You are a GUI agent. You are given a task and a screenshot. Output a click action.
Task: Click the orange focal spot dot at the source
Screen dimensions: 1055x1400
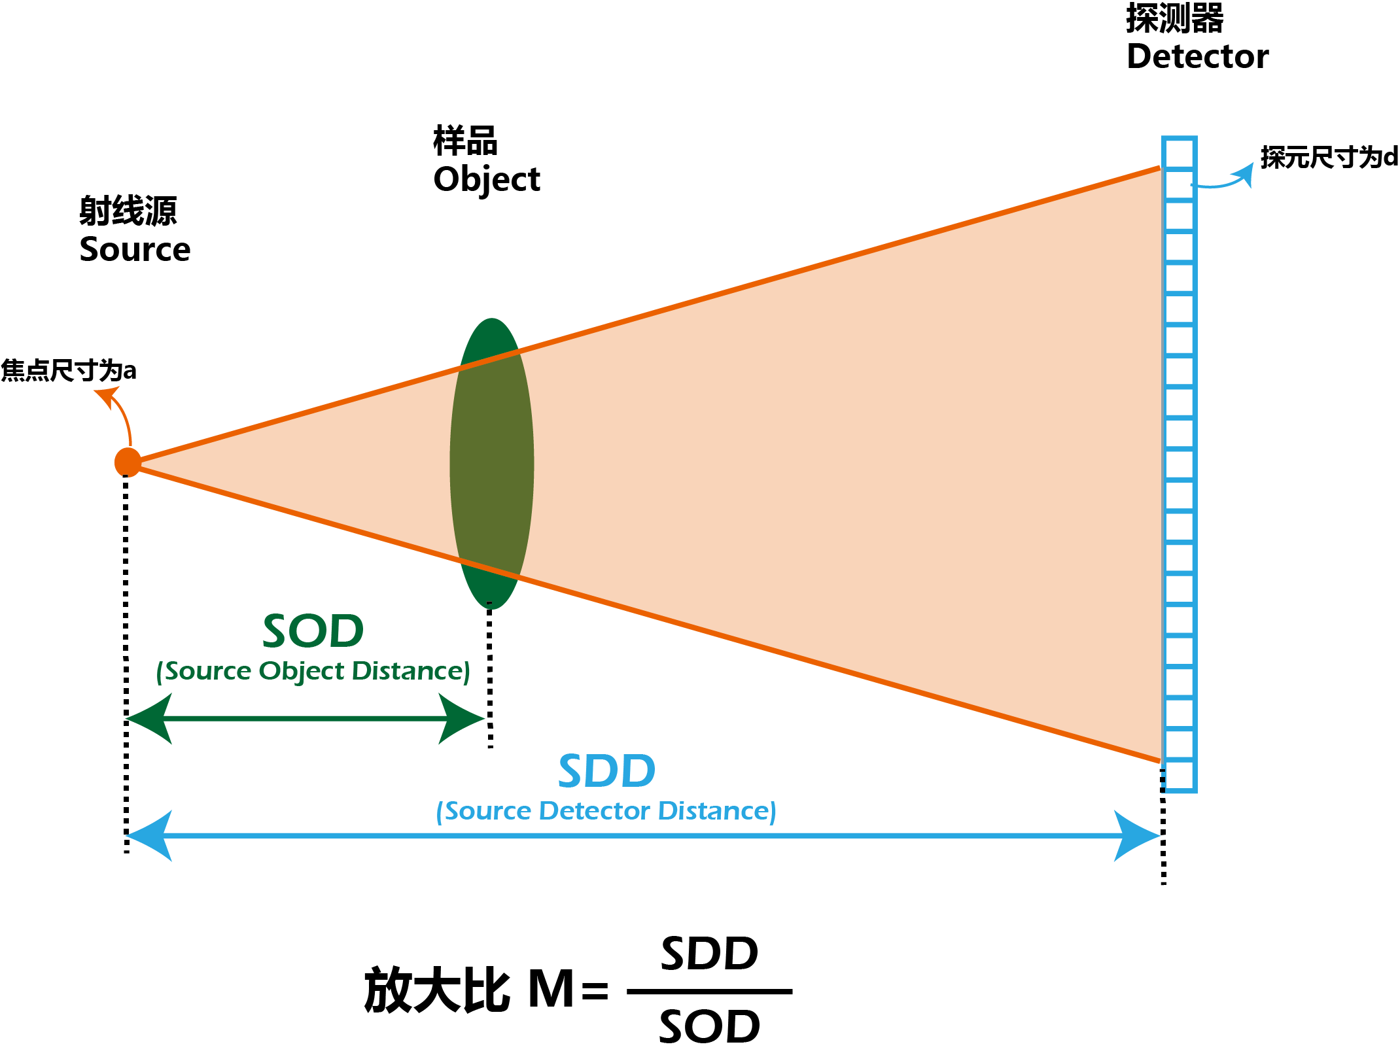pyautogui.click(x=127, y=462)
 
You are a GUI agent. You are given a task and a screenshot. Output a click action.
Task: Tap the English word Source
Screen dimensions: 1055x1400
pyautogui.click(x=135, y=250)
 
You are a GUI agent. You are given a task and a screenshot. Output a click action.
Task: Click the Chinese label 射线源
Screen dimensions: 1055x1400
pyautogui.click(x=128, y=211)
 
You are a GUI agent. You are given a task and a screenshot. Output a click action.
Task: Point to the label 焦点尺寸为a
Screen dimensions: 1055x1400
pyautogui.click(x=68, y=371)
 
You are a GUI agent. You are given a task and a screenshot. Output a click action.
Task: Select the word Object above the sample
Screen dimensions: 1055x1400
pyautogui.click(x=487, y=180)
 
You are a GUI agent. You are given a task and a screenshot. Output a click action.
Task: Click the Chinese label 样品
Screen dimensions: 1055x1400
pyautogui.click(x=465, y=141)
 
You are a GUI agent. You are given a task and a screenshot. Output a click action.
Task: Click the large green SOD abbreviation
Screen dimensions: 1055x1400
pyautogui.click(x=313, y=631)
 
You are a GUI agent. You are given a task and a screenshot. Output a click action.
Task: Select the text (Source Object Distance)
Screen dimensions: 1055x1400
pyautogui.click(x=313, y=672)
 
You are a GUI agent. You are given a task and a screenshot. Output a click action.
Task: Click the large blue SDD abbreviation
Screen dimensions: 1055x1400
pyautogui.click(x=606, y=771)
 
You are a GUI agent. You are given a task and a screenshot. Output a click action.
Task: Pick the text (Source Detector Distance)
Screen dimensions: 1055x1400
pyautogui.click(x=606, y=811)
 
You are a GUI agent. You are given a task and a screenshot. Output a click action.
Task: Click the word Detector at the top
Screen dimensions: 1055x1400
pyautogui.click(x=1197, y=57)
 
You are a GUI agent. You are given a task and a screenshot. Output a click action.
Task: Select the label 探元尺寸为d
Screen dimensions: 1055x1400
pyautogui.click(x=1329, y=158)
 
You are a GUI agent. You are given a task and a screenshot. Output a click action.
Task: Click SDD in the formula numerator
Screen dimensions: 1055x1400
pyautogui.click(x=710, y=954)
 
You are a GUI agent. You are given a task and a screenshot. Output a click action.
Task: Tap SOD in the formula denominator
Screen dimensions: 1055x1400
pyautogui.click(x=710, y=1026)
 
